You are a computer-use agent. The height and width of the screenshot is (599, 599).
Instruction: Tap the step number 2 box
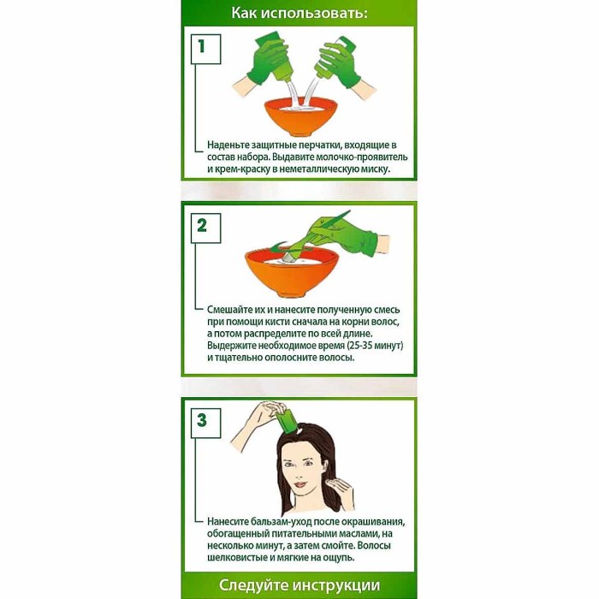202,226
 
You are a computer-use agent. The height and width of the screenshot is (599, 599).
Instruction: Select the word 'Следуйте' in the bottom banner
252,586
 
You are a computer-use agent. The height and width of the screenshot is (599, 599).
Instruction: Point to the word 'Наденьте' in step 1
231,146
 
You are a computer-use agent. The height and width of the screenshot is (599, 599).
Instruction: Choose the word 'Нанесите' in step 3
231,521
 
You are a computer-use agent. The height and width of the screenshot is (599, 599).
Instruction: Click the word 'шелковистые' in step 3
239,557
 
